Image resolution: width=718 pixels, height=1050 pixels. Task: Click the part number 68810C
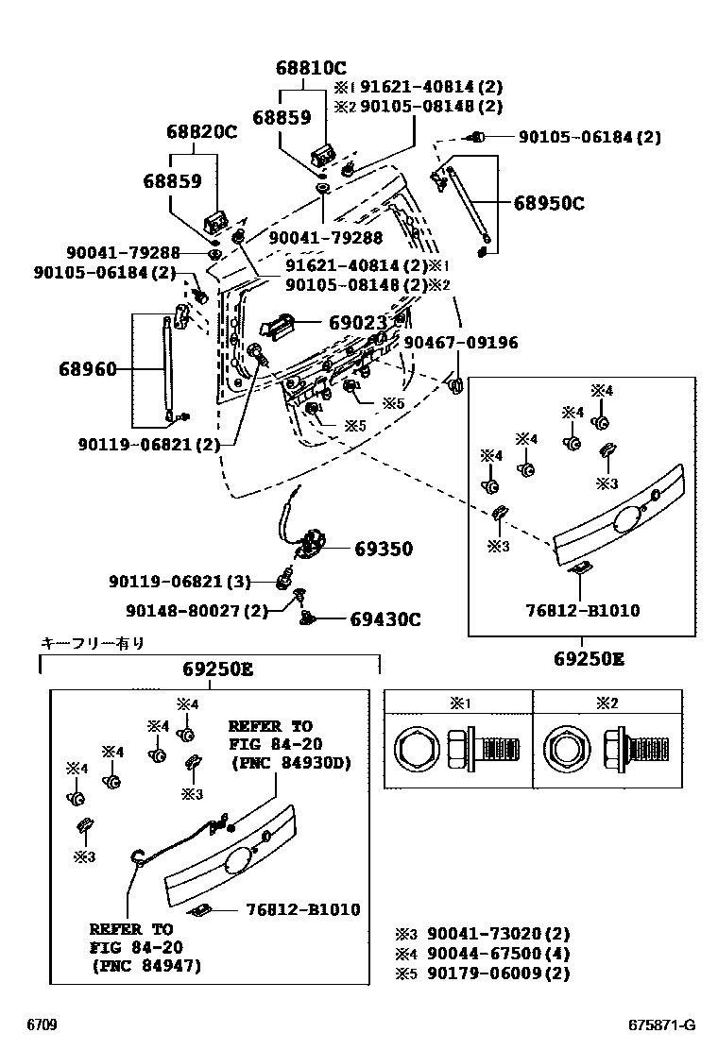click(311, 68)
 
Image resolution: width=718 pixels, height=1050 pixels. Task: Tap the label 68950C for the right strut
click(549, 202)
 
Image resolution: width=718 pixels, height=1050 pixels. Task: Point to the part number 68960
click(91, 368)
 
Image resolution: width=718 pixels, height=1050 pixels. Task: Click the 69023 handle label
click(358, 323)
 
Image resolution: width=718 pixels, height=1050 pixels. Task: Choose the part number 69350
click(384, 549)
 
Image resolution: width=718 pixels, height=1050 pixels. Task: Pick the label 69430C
click(385, 619)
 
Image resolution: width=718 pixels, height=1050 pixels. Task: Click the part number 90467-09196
click(460, 343)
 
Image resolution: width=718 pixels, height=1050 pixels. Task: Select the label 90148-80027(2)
click(189, 611)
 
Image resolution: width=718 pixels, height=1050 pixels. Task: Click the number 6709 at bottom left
click(41, 1025)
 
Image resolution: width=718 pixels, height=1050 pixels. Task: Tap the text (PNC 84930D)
click(289, 763)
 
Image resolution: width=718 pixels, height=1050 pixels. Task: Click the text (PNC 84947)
click(146, 966)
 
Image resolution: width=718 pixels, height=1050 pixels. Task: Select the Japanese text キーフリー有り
click(93, 644)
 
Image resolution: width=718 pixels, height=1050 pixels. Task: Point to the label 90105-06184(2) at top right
click(589, 137)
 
